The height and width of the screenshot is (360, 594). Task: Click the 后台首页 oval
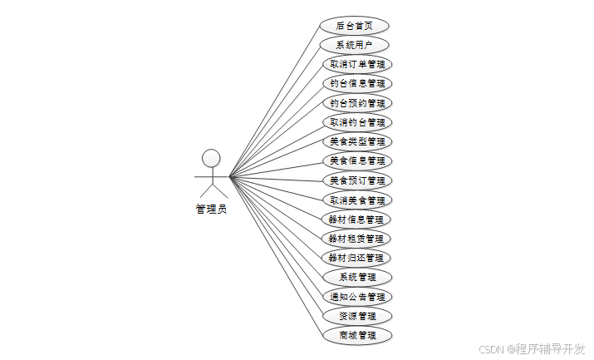(355, 26)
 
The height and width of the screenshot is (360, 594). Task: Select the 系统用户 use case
(355, 45)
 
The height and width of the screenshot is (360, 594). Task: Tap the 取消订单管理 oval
(356, 64)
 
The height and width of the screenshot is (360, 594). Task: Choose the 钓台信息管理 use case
(356, 83)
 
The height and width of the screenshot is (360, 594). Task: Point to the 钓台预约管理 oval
(356, 103)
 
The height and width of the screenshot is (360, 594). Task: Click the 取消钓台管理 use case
(356, 122)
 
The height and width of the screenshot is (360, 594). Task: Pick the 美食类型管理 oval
(356, 141)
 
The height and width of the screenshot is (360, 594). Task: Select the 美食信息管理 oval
(356, 160)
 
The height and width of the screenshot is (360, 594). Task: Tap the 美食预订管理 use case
(356, 180)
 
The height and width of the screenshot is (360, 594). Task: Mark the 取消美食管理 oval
(356, 200)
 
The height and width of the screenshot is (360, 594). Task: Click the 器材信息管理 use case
(356, 219)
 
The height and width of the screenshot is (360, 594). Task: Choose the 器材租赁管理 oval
(356, 239)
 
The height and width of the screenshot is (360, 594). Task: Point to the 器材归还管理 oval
(356, 258)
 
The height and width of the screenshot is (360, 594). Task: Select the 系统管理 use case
(356, 277)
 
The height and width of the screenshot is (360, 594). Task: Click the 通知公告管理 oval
(356, 297)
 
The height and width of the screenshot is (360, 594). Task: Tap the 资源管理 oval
(356, 316)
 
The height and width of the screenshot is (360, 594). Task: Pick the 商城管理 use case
(356, 335)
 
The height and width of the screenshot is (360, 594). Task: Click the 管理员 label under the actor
(211, 210)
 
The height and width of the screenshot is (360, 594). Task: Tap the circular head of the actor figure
(211, 158)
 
